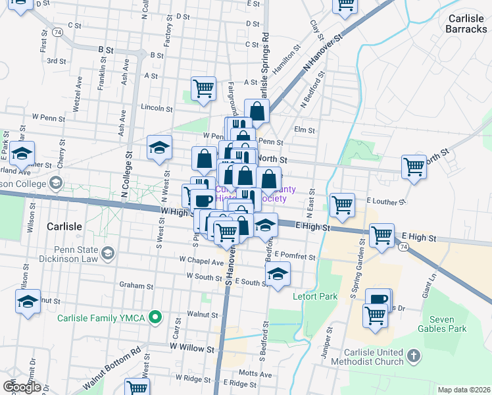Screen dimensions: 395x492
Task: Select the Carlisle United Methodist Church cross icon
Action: point(413,357)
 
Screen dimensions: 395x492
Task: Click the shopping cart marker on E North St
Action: point(414,167)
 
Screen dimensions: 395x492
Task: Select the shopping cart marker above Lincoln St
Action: point(203,88)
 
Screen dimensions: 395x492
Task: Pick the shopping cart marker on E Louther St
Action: point(342,205)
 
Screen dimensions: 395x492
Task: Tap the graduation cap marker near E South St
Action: point(278,275)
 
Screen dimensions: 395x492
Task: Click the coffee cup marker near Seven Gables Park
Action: point(379,300)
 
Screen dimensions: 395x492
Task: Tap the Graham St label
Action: point(136,286)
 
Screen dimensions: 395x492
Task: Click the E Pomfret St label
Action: point(296,255)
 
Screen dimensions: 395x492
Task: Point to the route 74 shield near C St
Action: point(59,32)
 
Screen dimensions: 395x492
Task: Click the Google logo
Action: point(22,386)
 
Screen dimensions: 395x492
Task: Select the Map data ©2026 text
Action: point(463,390)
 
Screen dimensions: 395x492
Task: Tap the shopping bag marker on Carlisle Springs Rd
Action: point(257,112)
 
